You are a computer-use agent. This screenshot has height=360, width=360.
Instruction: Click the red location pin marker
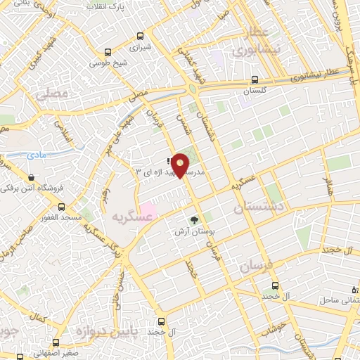(181, 165)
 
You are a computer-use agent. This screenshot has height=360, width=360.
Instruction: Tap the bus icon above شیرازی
(141, 37)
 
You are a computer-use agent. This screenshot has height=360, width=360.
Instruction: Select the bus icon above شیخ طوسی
(108, 51)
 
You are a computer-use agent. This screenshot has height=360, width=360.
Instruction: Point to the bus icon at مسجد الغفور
(62, 207)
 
